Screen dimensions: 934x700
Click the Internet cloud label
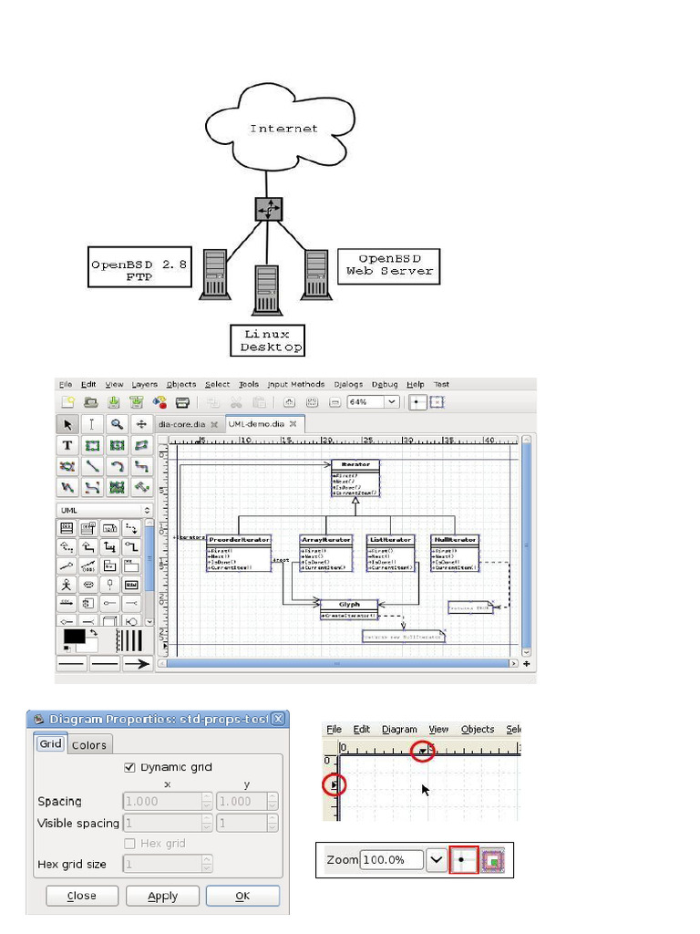pos(284,129)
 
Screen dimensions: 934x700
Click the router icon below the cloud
pos(269,209)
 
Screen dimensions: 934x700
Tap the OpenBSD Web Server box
pos(389,265)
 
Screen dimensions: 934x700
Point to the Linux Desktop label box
pos(267,340)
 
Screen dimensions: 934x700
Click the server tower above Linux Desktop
pos(267,290)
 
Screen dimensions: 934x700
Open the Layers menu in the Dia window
pos(144,385)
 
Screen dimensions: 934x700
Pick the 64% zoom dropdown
pos(374,401)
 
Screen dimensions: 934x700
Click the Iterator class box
pos(355,478)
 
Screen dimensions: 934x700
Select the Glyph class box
pos(349,608)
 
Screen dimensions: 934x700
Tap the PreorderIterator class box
pos(240,553)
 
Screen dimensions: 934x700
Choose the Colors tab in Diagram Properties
pos(89,744)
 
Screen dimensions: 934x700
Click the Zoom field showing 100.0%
pos(392,859)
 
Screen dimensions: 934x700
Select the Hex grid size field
pos(168,864)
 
